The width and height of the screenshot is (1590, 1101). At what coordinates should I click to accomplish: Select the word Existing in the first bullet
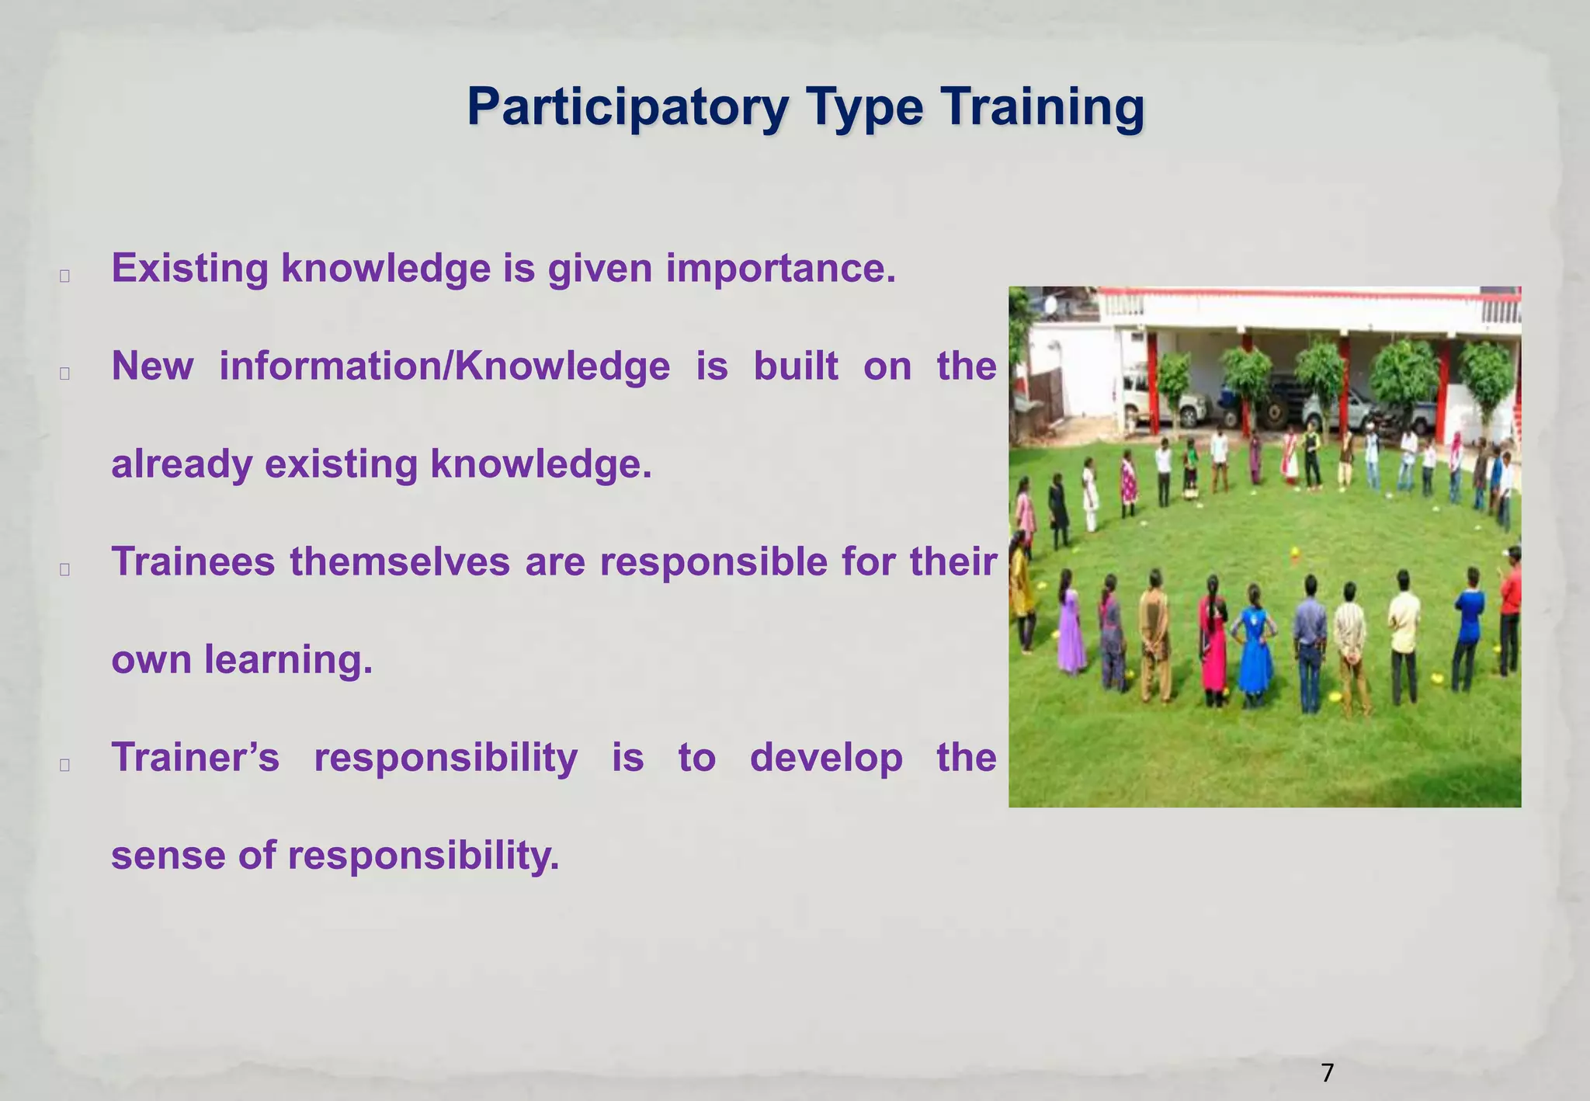(189, 269)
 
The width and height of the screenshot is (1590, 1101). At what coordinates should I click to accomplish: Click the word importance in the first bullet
(780, 269)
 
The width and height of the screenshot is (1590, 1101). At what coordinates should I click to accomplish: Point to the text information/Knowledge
(444, 366)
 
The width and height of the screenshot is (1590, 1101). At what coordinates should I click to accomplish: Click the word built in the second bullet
(796, 366)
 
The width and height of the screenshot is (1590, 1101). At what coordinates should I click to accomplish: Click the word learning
(288, 660)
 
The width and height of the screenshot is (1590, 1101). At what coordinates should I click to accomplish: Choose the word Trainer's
(195, 758)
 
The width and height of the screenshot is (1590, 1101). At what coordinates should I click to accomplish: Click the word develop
(826, 758)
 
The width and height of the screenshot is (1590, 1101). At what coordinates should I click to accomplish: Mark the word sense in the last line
(168, 856)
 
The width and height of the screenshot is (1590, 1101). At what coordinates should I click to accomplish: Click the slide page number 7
(1327, 1073)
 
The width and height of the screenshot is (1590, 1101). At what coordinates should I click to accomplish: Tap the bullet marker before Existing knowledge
(64, 276)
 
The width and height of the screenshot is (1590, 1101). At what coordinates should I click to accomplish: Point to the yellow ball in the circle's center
(1295, 554)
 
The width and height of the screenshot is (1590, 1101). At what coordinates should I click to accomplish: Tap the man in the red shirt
(1510, 610)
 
